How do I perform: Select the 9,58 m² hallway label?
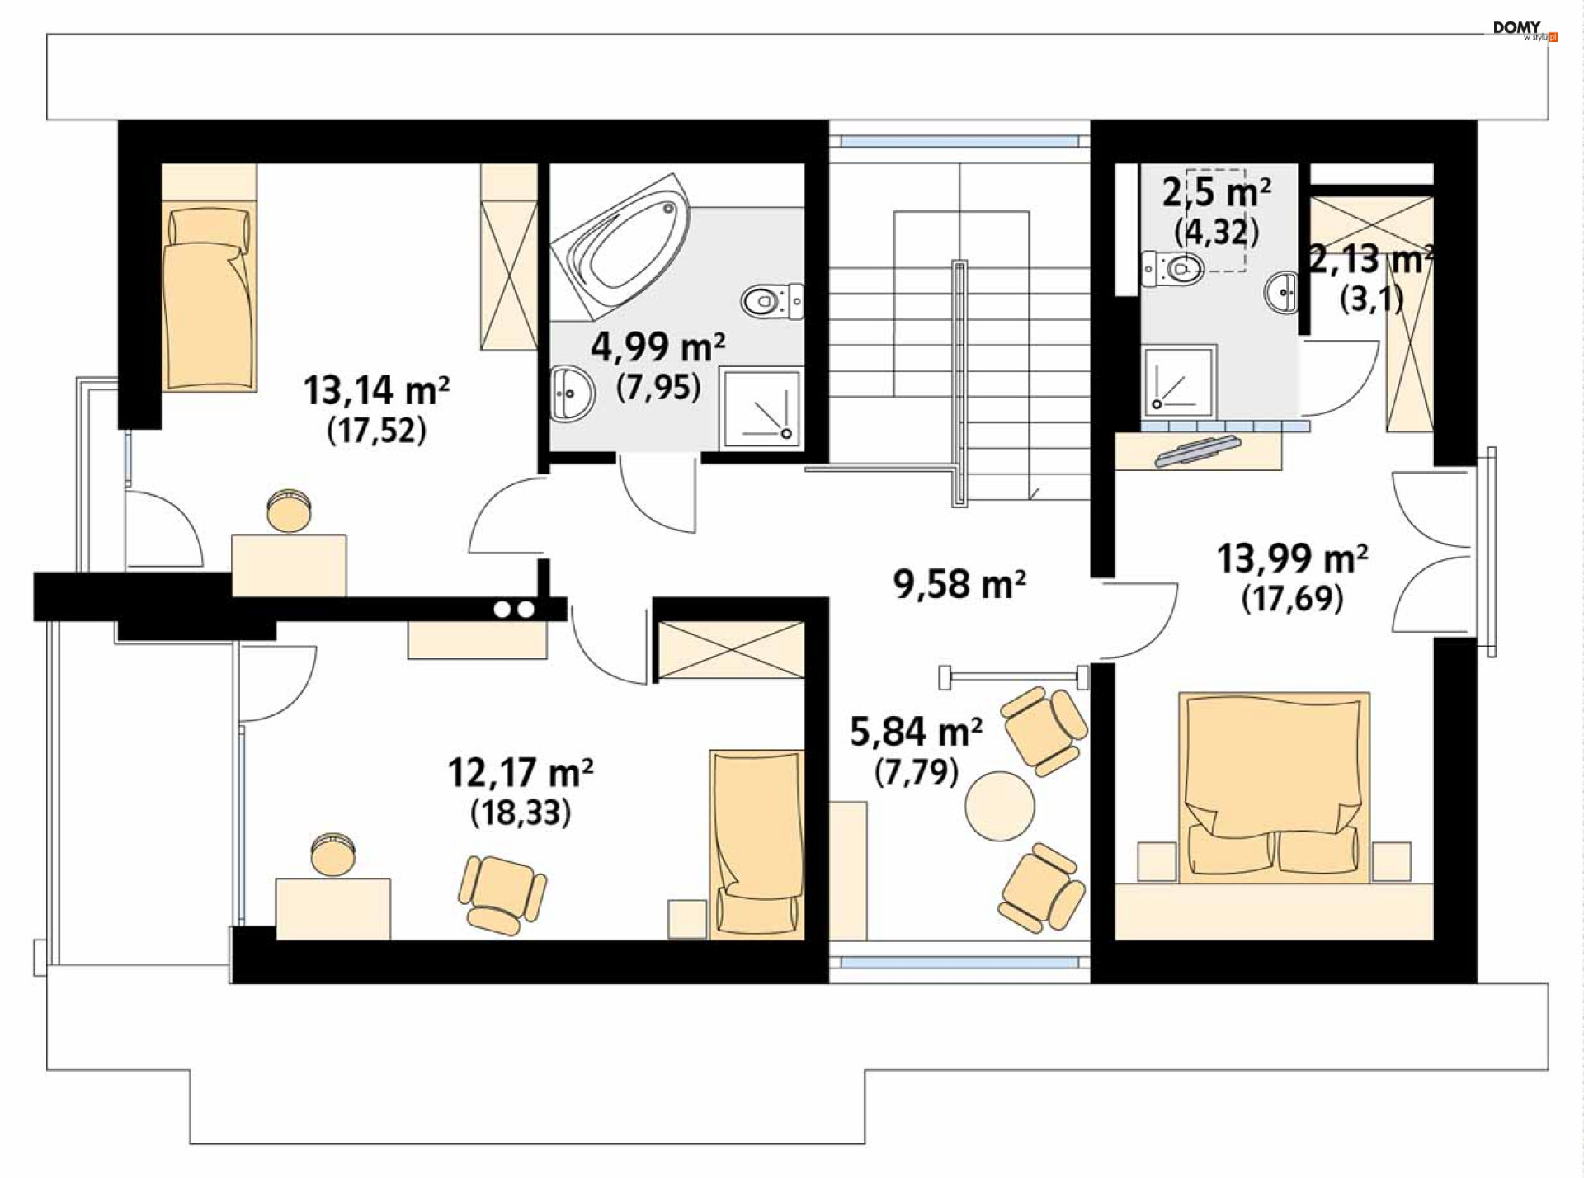[x=959, y=584]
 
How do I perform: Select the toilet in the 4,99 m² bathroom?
[x=773, y=301]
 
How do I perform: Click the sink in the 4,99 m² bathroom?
[x=572, y=393]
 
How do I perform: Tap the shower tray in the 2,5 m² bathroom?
[x=1180, y=381]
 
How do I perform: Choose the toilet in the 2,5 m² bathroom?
[x=1172, y=268]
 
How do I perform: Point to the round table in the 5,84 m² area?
[x=1000, y=805]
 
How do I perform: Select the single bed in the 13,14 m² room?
[x=209, y=298]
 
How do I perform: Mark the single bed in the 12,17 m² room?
[x=757, y=844]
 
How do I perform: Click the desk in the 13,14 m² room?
[x=289, y=565]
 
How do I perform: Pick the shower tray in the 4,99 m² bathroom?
[x=761, y=408]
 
